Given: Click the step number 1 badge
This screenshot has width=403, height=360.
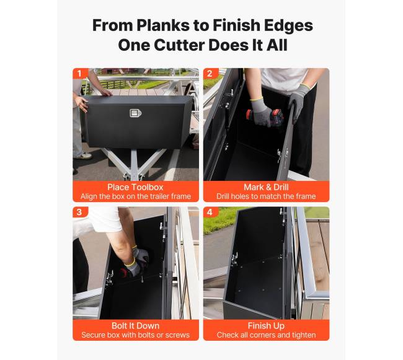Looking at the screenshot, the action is [79, 74].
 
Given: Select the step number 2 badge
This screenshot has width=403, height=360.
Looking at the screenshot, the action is [210, 74].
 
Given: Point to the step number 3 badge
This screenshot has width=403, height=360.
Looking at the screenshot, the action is [79, 212].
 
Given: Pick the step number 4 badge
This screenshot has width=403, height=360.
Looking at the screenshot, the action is [210, 212].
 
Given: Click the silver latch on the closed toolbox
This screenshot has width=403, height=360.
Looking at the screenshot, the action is [135, 113].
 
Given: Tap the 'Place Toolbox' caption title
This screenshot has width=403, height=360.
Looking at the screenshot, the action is [135, 187].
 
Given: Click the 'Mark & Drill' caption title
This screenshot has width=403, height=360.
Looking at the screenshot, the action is [266, 187].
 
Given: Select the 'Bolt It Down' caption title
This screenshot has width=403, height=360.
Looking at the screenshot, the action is [135, 325].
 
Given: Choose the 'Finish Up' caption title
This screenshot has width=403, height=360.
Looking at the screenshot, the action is [266, 326].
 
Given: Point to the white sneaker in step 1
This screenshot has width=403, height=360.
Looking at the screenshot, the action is [84, 156].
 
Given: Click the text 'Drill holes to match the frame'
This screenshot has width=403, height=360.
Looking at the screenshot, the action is [266, 196].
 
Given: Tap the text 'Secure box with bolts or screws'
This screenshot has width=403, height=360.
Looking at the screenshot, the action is [135, 335].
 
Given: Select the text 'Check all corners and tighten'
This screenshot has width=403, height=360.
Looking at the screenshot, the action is [266, 335].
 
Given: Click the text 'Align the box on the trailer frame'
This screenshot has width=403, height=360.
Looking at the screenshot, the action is [136, 196].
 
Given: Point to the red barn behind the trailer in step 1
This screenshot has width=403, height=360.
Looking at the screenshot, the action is [121, 71].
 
